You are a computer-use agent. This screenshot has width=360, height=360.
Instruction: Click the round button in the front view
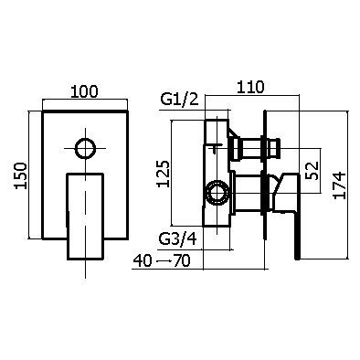tap(86, 148)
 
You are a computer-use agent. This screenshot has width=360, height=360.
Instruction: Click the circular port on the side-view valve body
tap(217, 192)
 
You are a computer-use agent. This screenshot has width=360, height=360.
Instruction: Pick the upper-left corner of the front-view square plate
tap(45, 112)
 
